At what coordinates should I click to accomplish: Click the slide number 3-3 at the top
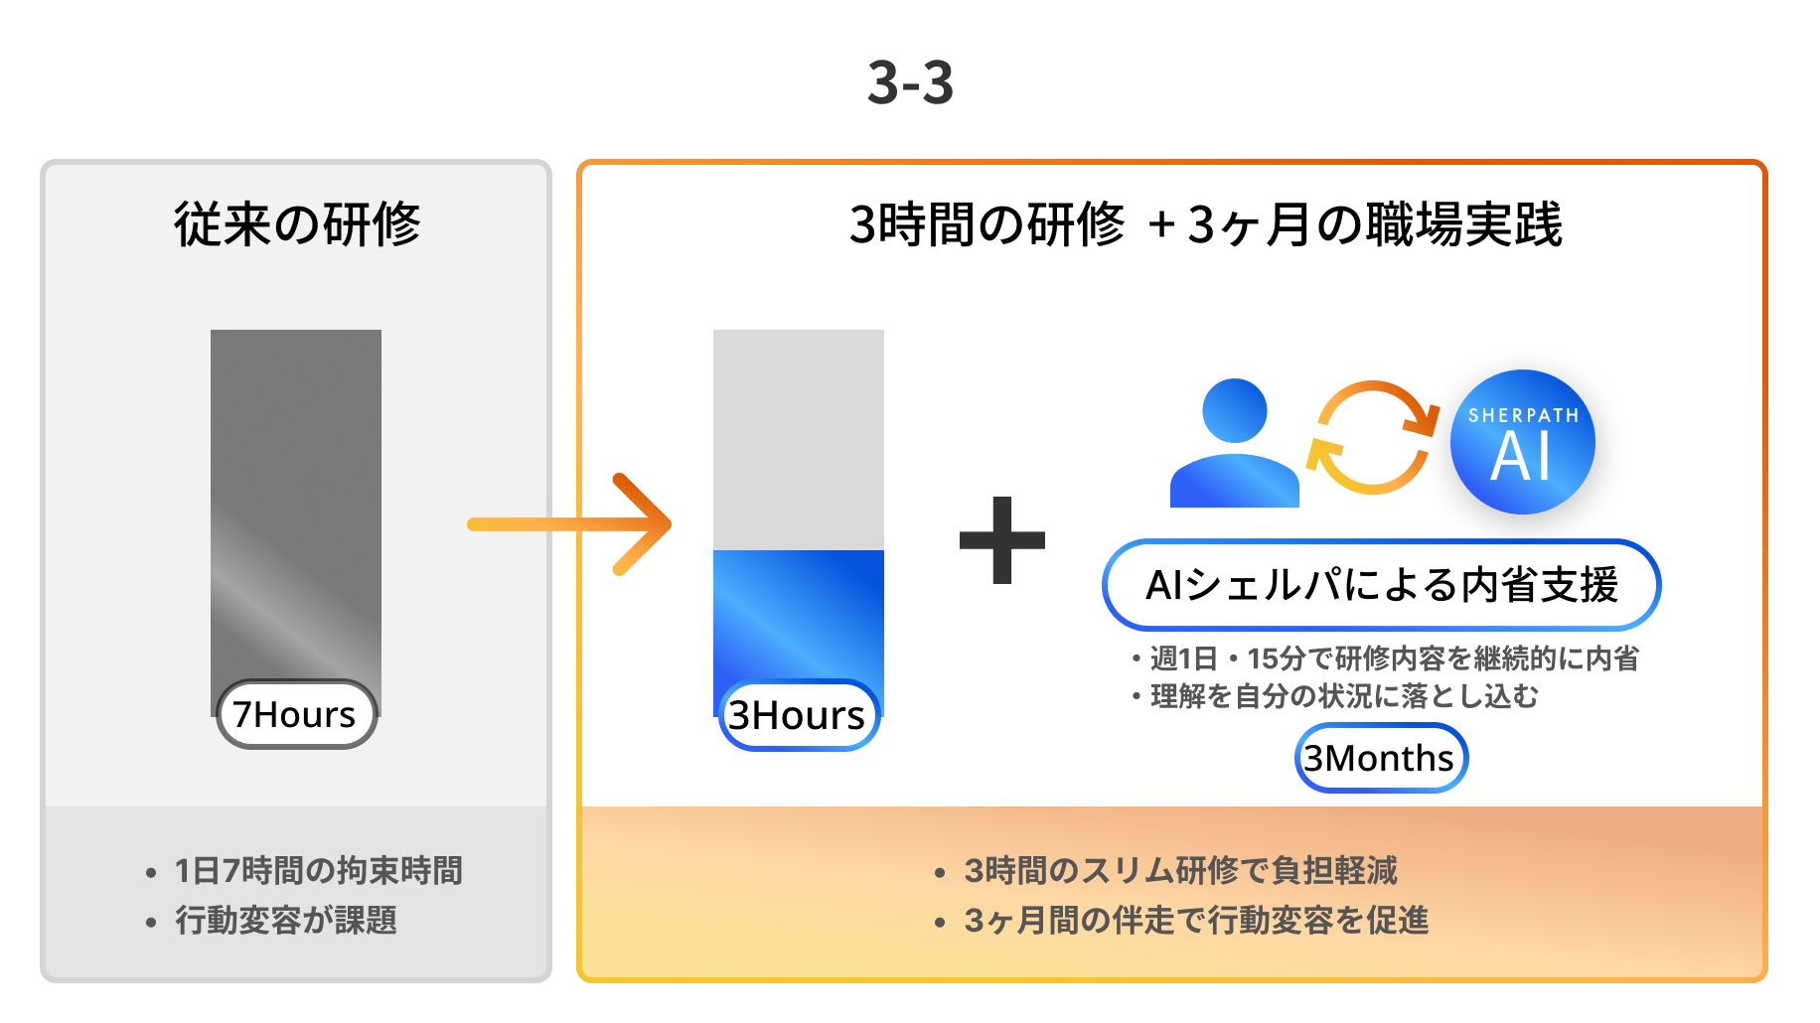[x=910, y=81]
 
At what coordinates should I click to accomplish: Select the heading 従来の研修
[x=297, y=223]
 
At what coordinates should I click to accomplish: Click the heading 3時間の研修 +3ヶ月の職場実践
[x=1205, y=223]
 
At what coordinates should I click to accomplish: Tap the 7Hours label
[x=296, y=714]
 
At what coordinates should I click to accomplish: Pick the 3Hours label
[x=799, y=715]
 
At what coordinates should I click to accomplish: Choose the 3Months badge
[x=1381, y=758]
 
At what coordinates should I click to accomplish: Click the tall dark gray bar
[x=296, y=497]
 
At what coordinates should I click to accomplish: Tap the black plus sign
[x=1002, y=539]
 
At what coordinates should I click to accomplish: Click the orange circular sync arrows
[x=1372, y=437]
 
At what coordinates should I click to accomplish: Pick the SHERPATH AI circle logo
[x=1522, y=442]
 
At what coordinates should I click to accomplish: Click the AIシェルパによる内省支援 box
[x=1381, y=585]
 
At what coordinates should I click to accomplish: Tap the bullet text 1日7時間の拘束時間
[x=318, y=870]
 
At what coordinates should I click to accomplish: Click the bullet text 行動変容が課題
[x=285, y=920]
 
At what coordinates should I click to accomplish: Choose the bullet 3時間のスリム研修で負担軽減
[x=1180, y=870]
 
